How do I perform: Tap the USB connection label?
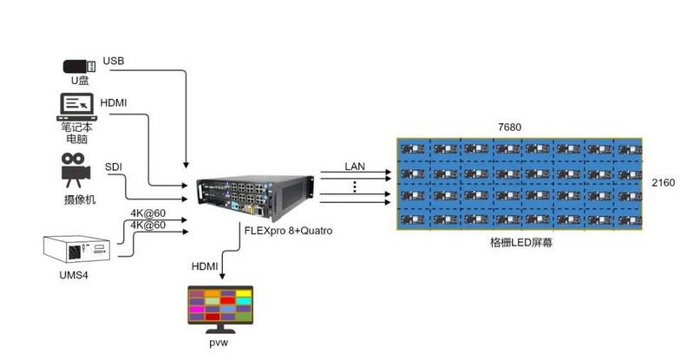pyautogui.click(x=114, y=61)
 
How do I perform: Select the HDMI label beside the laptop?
pyautogui.click(x=114, y=102)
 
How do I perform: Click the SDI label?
pyautogui.click(x=114, y=166)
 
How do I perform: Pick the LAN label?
pyautogui.click(x=355, y=166)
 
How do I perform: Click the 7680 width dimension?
pyautogui.click(x=510, y=128)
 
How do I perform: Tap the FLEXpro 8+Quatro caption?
pyautogui.click(x=289, y=232)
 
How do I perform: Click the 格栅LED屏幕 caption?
pyautogui.click(x=521, y=244)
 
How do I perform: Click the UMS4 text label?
pyautogui.click(x=80, y=275)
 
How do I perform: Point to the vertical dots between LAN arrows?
pyautogui.click(x=355, y=187)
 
